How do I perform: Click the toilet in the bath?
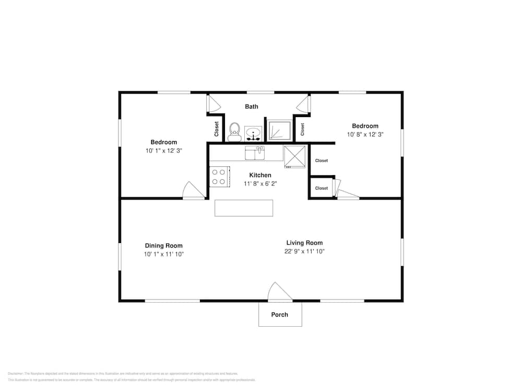coord(234,132)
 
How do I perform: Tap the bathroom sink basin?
coord(253,132)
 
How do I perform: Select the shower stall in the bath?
coord(279,131)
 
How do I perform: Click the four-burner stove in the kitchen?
coord(219,176)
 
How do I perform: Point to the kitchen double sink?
coord(255,153)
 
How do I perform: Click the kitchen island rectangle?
coord(244,208)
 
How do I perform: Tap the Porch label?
coord(279,315)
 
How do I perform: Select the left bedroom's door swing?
coord(194,190)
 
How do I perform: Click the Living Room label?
coord(304,243)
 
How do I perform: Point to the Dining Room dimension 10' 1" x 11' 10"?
coord(164,254)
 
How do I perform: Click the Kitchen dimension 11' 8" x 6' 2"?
coord(260,183)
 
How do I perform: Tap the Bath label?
coord(252,107)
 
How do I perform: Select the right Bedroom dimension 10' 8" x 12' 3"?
coord(365,134)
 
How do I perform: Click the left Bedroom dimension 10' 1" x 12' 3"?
coord(164,151)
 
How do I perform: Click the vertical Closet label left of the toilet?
coord(217,129)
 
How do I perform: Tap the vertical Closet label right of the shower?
coord(302,129)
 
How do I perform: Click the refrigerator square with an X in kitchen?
coord(294,156)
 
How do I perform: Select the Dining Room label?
coord(164,246)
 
